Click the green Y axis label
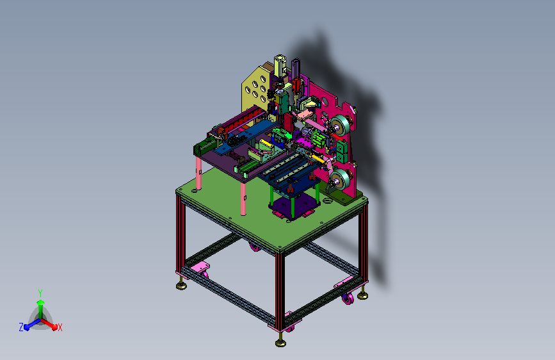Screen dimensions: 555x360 pyautogui.click(x=40, y=293)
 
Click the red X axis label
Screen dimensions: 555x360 pyautogui.click(x=60, y=328)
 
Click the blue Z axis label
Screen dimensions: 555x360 pyautogui.click(x=21, y=327)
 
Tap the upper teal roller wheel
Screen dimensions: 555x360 pyautogui.click(x=341, y=125)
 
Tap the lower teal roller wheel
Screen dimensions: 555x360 pyautogui.click(x=340, y=179)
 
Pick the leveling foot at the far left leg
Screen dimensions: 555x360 pyautogui.click(x=182, y=284)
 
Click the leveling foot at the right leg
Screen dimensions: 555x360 pyautogui.click(x=362, y=295)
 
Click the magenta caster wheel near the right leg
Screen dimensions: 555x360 pyautogui.click(x=348, y=299)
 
